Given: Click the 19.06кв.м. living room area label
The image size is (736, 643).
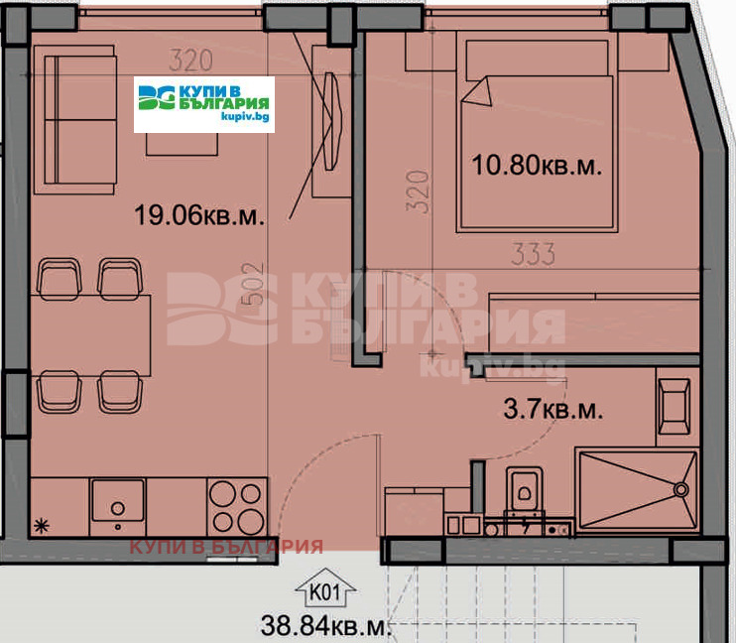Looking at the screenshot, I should tap(199, 214).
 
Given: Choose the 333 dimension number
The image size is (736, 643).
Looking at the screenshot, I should tap(533, 255).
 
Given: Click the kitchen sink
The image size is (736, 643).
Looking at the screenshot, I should tap(118, 501).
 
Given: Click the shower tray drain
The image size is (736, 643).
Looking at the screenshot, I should tap(680, 488).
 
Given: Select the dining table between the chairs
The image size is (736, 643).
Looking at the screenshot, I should tap(91, 334).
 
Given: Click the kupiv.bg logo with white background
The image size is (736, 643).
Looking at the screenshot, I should tap(204, 104).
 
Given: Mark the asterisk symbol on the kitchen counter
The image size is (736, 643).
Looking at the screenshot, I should tap(42, 525).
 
